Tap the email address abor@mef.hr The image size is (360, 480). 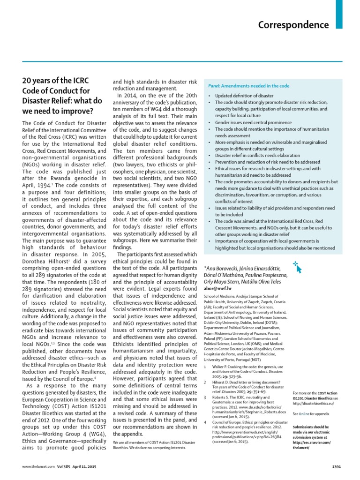tap(218, 289)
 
